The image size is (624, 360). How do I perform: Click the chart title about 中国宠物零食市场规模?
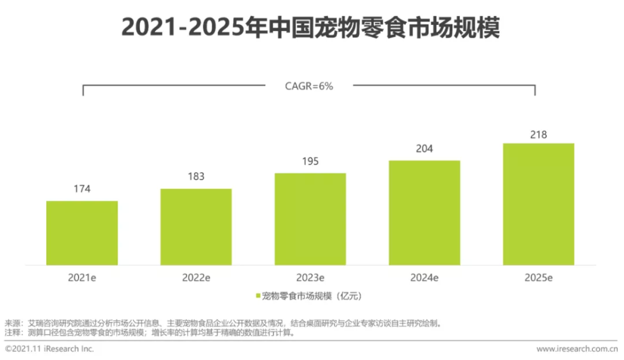pos(310,27)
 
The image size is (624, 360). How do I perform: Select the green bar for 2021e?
pos(82,233)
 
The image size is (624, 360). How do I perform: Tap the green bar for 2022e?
pos(196,226)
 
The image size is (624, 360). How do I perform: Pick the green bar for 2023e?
pos(310,219)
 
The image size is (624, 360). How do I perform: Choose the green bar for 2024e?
pos(424,213)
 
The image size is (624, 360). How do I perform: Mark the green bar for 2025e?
pos(538,204)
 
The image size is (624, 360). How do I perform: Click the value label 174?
pos(82,189)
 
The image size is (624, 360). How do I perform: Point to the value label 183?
pos(196,177)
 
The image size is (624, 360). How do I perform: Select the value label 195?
pos(310,162)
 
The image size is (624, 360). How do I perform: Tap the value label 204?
pos(424,148)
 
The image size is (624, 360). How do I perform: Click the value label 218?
pos(538,134)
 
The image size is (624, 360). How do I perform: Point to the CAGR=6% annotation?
pos(309,87)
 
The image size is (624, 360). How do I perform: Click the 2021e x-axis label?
pos(82,278)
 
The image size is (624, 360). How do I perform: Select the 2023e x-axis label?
pos(310,278)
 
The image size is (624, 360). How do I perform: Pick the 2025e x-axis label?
pos(538,278)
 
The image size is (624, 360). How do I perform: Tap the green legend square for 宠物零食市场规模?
pos(258,295)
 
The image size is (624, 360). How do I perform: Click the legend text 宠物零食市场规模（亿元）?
pos(312,295)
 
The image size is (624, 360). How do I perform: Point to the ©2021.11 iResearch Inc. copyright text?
pos(49,349)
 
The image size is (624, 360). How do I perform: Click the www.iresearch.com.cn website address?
pos(577,349)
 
